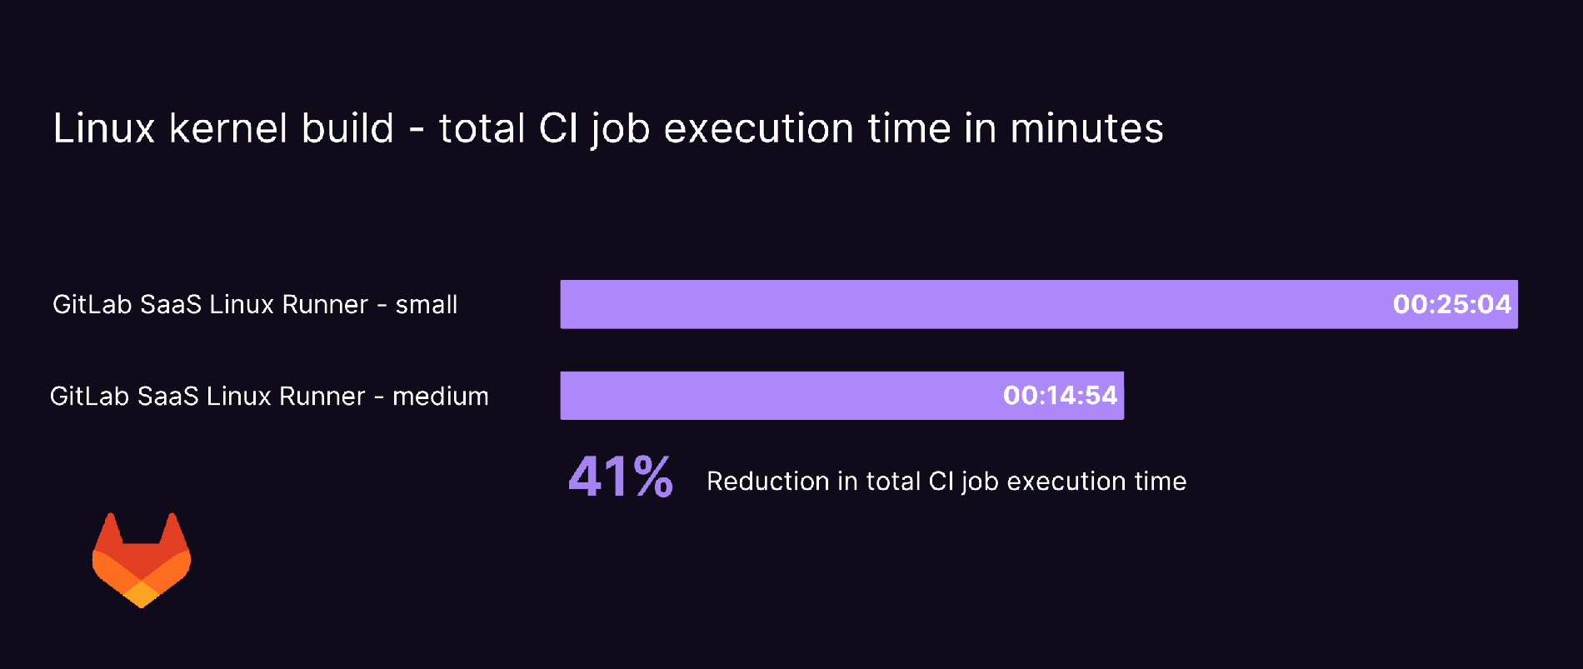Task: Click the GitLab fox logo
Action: click(142, 560)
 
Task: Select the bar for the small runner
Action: click(958, 304)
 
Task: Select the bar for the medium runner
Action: click(775, 396)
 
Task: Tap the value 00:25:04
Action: click(1451, 304)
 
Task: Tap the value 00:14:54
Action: click(1060, 396)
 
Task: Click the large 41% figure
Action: click(621, 477)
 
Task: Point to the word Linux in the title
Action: click(104, 128)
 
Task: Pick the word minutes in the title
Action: click(1086, 128)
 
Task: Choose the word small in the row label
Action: click(427, 305)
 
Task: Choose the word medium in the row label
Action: click(441, 397)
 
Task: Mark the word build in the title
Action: click(347, 128)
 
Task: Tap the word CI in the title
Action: click(558, 128)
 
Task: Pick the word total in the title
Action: click(482, 128)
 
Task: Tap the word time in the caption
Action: click(1160, 482)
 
